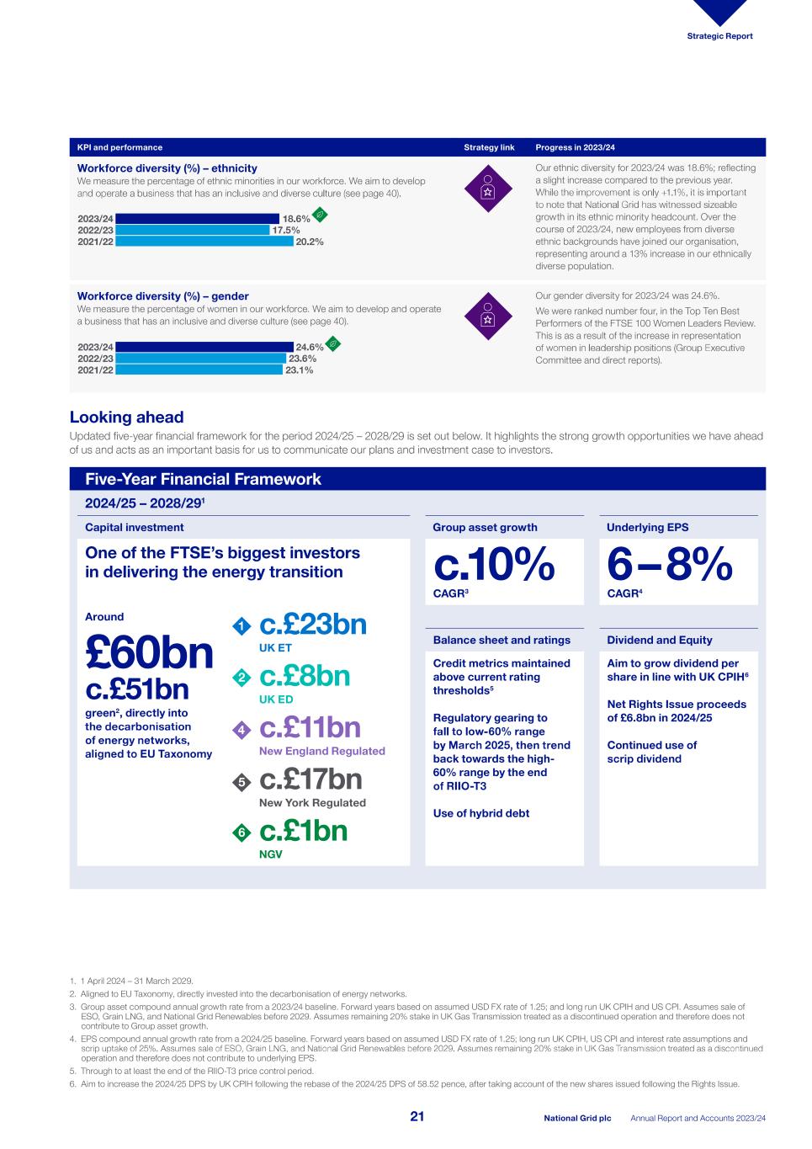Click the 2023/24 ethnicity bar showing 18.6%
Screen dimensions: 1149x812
point(197,219)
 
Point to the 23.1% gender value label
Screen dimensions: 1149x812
point(299,370)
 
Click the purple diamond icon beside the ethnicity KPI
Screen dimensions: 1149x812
point(487,186)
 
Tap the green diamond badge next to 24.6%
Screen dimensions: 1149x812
point(333,343)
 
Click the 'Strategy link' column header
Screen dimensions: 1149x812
point(489,147)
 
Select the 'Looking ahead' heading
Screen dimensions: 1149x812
point(126,418)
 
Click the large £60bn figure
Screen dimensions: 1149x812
point(149,652)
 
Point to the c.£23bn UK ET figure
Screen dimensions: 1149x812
point(313,625)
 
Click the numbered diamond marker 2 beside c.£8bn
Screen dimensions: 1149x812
point(241,678)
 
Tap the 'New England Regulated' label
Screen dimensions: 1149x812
point(321,751)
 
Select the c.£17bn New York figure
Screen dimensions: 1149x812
point(310,779)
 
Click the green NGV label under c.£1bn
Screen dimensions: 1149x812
point(270,854)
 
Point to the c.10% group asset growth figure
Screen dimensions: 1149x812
point(494,566)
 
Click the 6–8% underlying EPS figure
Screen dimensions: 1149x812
point(669,566)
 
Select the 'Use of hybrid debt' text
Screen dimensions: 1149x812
point(481,813)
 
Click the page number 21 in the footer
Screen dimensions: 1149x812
point(417,1117)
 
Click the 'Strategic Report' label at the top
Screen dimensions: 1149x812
point(719,36)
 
